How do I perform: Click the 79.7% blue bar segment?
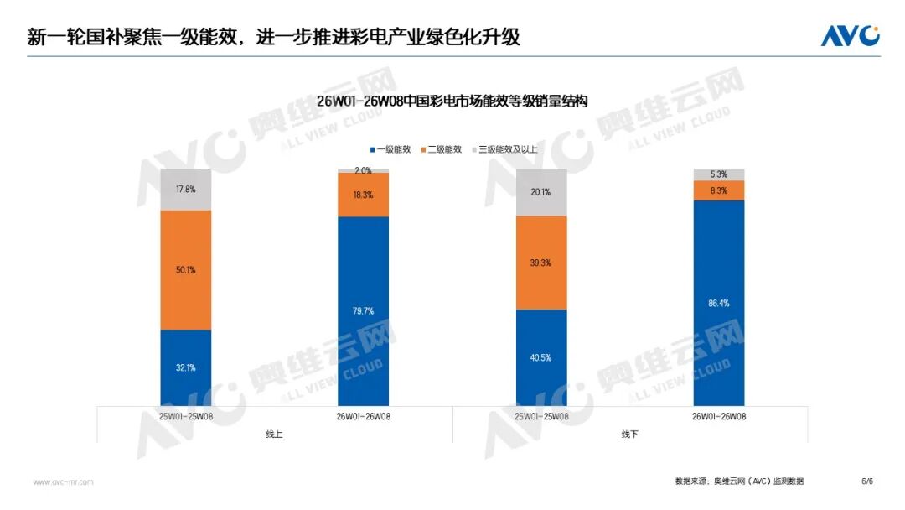tap(363, 311)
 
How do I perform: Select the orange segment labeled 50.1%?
tap(185, 270)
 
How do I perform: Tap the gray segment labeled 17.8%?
tap(185, 190)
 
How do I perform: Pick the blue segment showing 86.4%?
tap(719, 302)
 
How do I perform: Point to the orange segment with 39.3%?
tap(541, 263)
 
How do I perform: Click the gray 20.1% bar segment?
tap(541, 192)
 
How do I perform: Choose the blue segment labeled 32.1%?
tap(185, 368)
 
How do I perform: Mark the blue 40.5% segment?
tap(541, 358)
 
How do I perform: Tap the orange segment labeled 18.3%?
tap(363, 195)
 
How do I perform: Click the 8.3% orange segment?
tap(719, 190)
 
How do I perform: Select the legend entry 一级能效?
tap(390, 149)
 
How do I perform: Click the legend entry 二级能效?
tap(441, 149)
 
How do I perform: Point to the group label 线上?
tap(274, 434)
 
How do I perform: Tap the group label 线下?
tap(630, 434)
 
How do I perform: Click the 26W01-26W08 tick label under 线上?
tap(363, 415)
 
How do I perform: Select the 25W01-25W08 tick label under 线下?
tap(541, 415)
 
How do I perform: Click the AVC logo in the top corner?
tap(850, 36)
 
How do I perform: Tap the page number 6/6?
tap(867, 481)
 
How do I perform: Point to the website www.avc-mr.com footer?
tap(63, 482)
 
